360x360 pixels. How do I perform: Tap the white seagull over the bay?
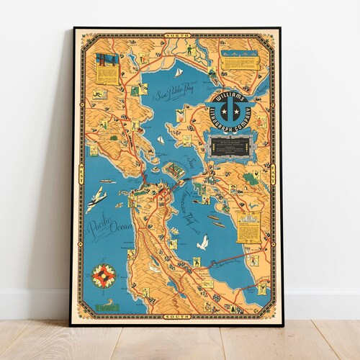[204, 243]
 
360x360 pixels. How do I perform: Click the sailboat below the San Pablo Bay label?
[161, 139]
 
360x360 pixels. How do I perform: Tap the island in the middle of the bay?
[174, 171]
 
